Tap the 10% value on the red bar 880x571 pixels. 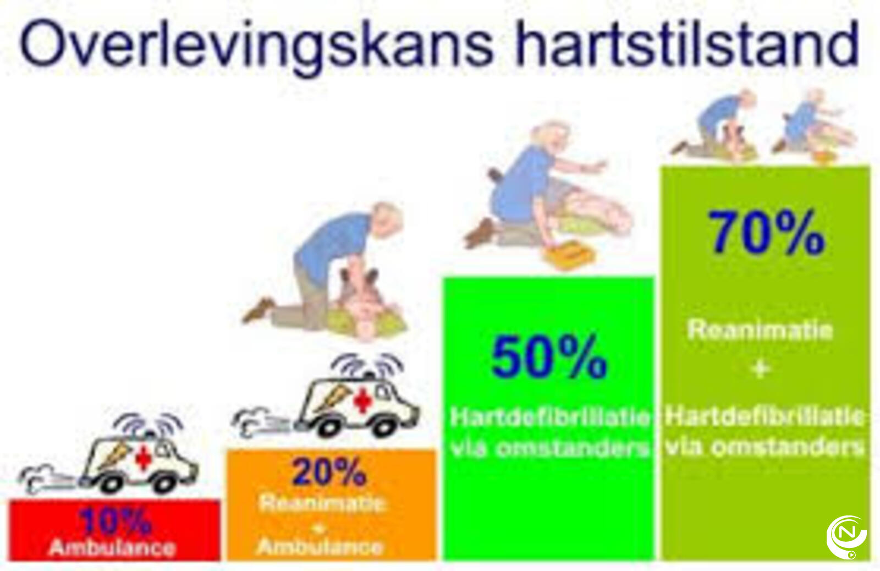(115, 521)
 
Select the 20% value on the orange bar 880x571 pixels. (329, 471)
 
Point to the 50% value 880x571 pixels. (549, 357)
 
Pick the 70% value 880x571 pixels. (767, 232)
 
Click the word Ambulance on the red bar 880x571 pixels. (112, 547)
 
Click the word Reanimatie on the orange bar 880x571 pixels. (321, 503)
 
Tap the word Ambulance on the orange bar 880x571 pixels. (320, 547)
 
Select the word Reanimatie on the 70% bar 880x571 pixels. (760, 330)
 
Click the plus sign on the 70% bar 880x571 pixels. (761, 370)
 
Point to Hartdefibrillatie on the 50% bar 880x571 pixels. (550, 417)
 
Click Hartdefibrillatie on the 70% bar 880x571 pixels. (765, 416)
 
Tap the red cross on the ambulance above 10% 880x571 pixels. (143, 458)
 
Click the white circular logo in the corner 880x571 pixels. (846, 537)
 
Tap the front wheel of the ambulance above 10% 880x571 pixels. (164, 483)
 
